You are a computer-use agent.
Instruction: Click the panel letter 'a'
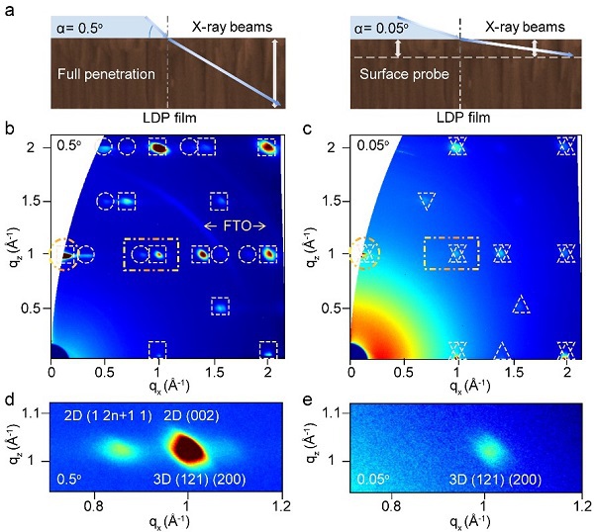tap(9, 8)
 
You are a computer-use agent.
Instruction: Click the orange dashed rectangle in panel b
tap(150, 254)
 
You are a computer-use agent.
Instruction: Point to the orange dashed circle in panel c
tap(361, 254)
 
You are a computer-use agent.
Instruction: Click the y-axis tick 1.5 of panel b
tap(35, 201)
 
